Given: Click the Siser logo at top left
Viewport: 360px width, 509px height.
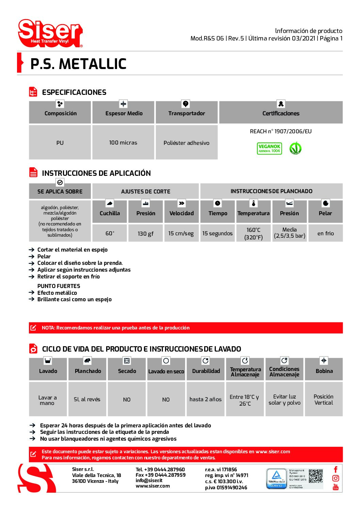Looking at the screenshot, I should [x=50, y=33].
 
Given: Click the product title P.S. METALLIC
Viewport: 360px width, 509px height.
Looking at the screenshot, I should [x=78, y=64].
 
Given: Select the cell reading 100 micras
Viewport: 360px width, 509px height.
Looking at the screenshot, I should [x=123, y=142].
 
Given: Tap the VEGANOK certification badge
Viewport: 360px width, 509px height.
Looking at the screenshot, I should [x=269, y=149].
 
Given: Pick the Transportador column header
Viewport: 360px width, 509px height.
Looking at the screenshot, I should [x=186, y=113].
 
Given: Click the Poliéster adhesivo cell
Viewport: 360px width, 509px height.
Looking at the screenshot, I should [x=186, y=143].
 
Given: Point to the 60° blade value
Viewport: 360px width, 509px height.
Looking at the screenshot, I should [x=110, y=233].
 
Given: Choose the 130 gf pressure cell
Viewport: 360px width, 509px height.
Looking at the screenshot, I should [x=146, y=233].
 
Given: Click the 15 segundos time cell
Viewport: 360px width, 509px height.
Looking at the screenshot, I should [x=217, y=233].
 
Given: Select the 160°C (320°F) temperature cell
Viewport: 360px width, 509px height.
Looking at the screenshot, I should [x=253, y=233].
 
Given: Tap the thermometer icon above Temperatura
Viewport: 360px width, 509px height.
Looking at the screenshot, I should [x=253, y=203].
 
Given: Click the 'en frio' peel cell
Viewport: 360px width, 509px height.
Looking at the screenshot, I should [x=325, y=233].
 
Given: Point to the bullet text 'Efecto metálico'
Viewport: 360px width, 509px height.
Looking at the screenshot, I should [x=57, y=293].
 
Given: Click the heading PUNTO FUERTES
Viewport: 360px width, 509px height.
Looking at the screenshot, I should [x=59, y=286].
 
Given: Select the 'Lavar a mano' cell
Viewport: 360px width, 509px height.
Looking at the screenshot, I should [x=48, y=400].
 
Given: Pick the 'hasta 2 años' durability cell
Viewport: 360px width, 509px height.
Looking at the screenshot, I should [x=206, y=399].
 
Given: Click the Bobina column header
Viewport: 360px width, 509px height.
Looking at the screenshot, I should [x=324, y=371].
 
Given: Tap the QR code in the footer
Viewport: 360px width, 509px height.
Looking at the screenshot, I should [x=315, y=476].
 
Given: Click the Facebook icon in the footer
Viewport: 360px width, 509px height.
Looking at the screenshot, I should [x=336, y=470].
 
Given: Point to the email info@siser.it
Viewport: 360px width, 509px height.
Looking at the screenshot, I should [x=149, y=480].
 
